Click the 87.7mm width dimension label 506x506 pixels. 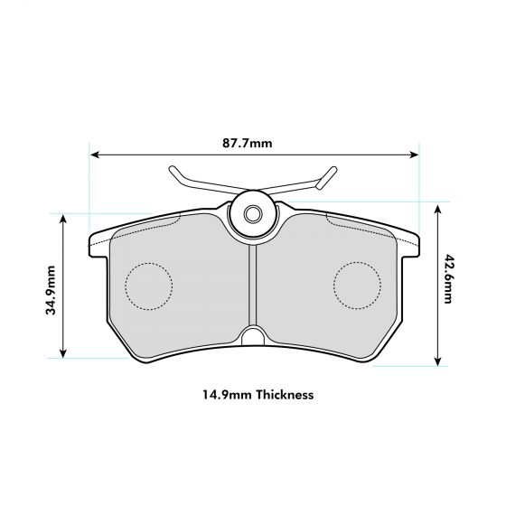point(247,143)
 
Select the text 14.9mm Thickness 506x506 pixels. point(258,395)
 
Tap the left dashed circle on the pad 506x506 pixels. point(147,286)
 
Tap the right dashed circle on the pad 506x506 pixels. point(357,286)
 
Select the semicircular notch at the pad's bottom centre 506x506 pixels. point(254,339)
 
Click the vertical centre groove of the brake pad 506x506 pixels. point(254,285)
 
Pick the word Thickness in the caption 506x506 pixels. point(285,395)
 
